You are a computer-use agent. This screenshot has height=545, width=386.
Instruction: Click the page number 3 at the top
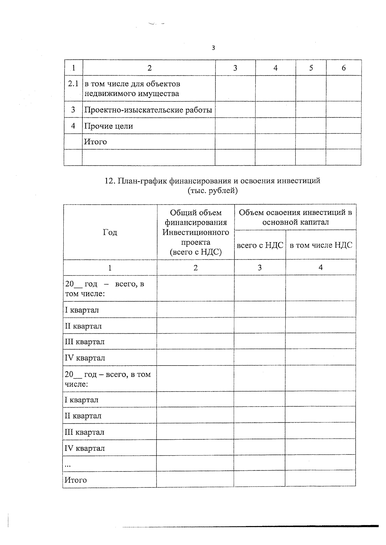coord(213,48)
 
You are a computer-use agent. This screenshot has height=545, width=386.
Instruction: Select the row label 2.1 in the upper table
coord(73,84)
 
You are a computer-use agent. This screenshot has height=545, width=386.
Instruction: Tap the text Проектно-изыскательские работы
coord(148,110)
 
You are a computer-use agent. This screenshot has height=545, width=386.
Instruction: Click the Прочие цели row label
coord(108,126)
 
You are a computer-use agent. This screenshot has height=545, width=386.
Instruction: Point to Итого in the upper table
coord(95,142)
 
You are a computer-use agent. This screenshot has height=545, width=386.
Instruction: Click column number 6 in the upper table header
coord(344,68)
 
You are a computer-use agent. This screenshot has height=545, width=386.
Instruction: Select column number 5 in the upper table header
coord(311,68)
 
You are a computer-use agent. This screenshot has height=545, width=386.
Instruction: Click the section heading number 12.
coord(110,181)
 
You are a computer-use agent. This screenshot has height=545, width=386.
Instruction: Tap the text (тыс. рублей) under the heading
coord(213,191)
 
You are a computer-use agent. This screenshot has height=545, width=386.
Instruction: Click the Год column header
coord(110,232)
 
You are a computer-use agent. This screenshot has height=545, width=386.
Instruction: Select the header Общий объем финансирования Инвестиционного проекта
coord(196,232)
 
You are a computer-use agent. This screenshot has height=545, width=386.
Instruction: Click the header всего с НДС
coord(260,245)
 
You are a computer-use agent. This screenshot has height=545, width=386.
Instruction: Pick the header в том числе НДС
coord(321,245)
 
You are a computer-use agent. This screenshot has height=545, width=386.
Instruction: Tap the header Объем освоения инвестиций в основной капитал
coord(295,217)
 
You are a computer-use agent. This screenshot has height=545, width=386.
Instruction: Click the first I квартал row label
coord(82,310)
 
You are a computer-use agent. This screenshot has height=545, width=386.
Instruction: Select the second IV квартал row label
coord(85,448)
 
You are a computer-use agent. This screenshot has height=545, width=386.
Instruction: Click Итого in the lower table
coord(76,480)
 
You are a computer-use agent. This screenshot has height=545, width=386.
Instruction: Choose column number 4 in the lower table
coord(320,268)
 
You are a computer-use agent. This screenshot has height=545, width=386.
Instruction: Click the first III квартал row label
coord(85,342)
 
